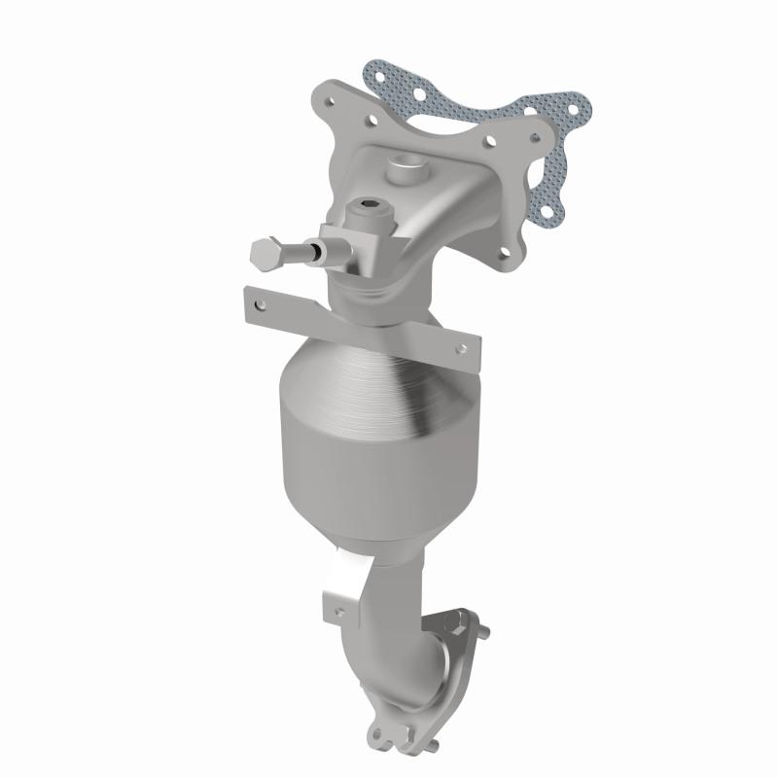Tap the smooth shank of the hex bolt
point(302,252)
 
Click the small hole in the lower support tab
point(340,612)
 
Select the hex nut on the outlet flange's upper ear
point(453,614)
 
